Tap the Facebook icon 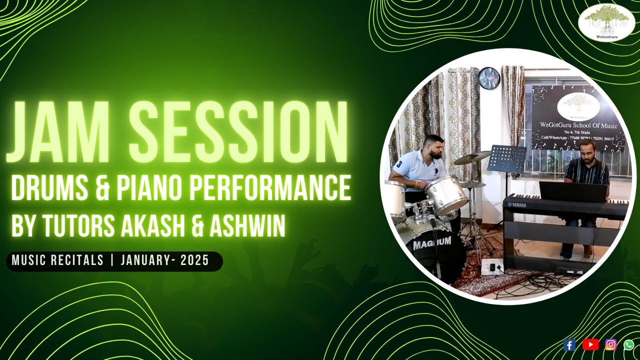[x=569, y=344]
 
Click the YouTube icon [x=590, y=344]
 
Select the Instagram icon [x=611, y=344]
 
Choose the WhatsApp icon [x=628, y=344]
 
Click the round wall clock [x=489, y=78]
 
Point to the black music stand [x=507, y=159]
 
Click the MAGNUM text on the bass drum [x=432, y=242]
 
